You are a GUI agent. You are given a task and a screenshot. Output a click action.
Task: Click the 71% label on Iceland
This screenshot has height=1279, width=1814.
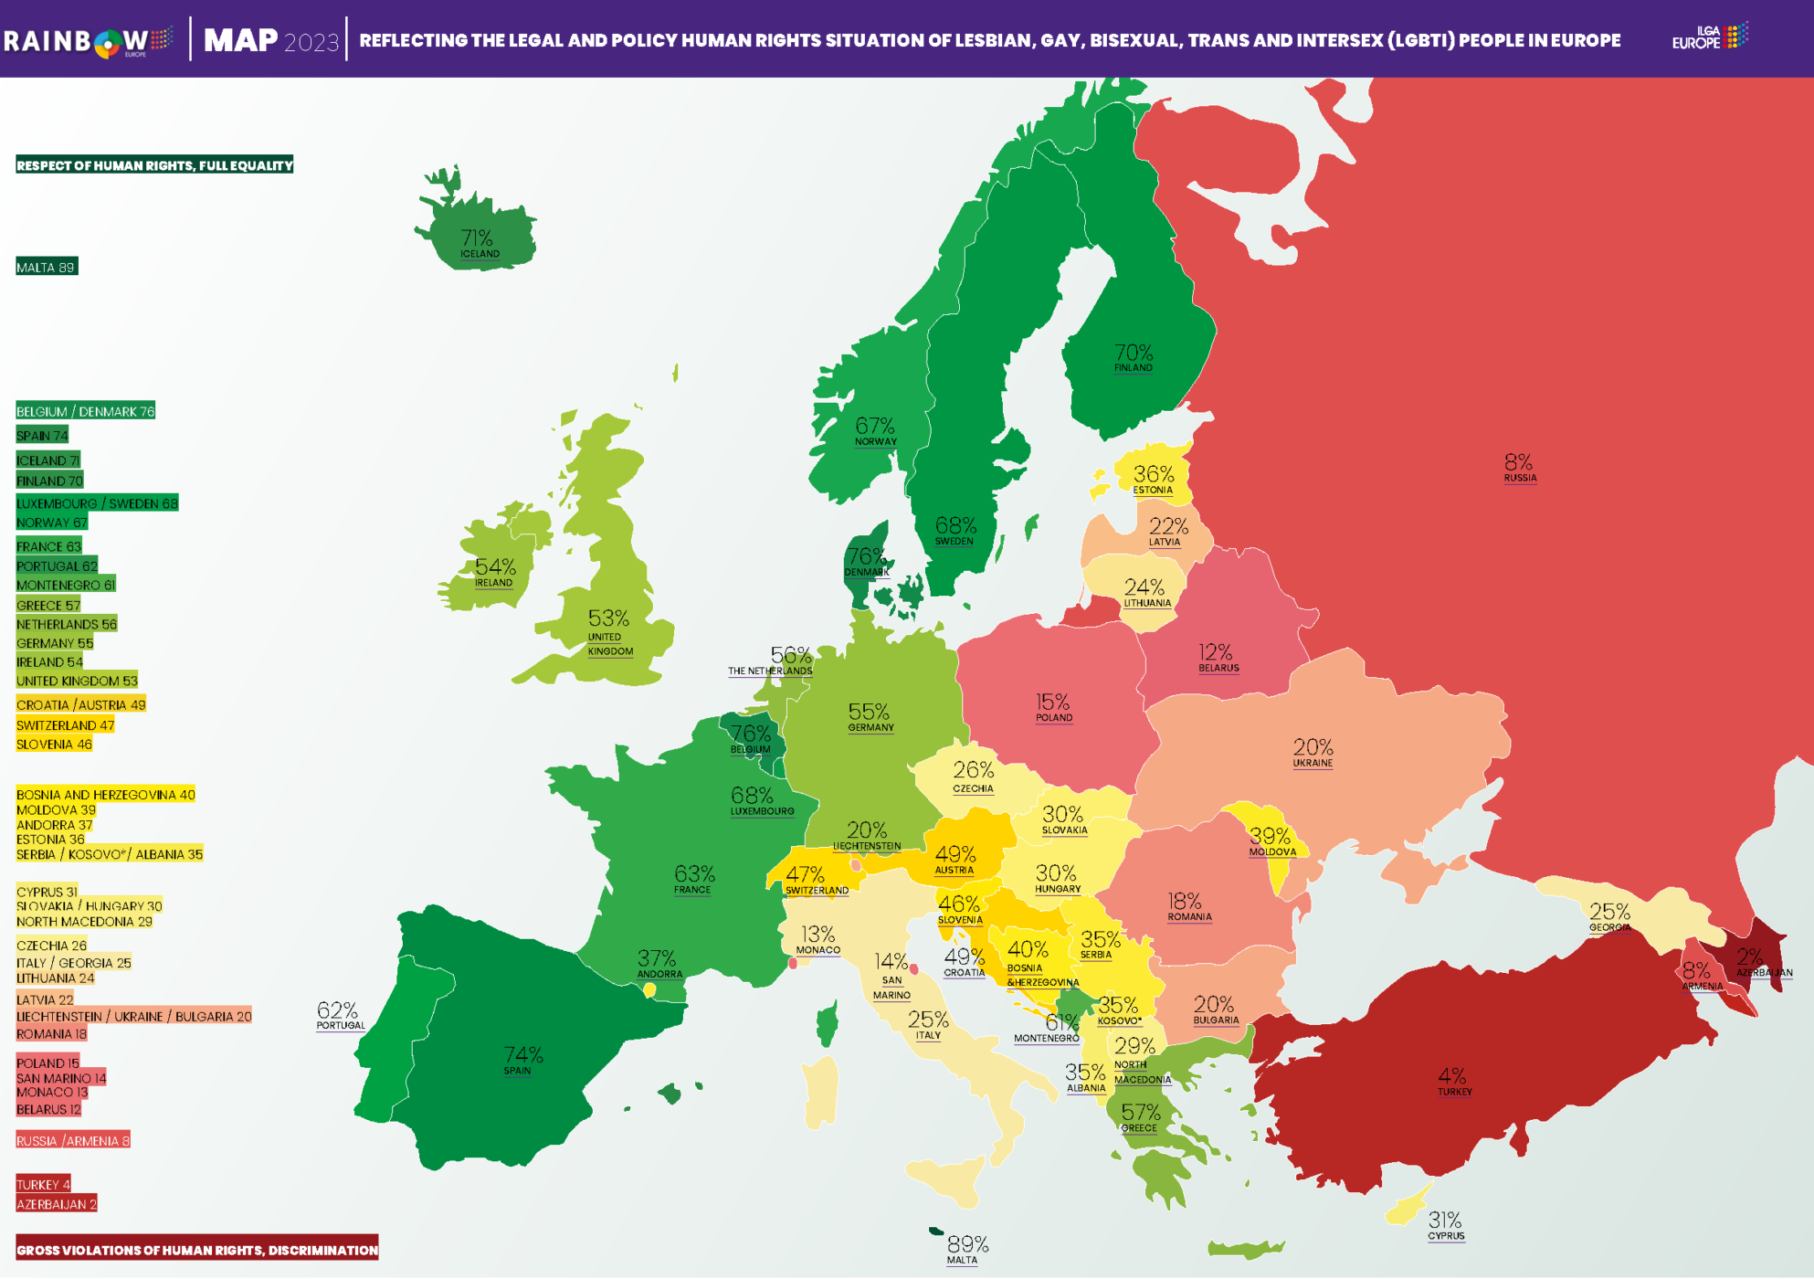(477, 239)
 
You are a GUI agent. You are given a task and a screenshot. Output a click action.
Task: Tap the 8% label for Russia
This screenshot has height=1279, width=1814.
(1518, 463)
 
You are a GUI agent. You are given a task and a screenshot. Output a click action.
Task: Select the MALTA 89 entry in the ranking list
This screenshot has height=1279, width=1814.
(46, 268)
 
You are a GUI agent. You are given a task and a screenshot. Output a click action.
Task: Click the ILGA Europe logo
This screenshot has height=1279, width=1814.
(1709, 37)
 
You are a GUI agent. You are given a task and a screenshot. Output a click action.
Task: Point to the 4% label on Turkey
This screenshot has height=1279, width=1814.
(1451, 1076)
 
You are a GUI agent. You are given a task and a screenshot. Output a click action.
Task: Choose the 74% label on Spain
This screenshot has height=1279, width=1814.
(522, 1056)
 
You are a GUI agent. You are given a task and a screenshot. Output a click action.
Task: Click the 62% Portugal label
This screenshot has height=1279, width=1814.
(337, 1010)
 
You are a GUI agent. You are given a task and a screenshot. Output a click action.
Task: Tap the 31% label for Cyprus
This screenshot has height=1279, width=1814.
(1444, 1221)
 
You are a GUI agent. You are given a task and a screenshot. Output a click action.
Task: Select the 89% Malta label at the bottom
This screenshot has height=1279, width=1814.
(967, 1245)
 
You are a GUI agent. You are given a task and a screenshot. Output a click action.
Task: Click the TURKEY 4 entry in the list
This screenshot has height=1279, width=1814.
(43, 1185)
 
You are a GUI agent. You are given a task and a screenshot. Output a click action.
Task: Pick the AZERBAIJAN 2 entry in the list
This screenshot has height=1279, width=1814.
(56, 1205)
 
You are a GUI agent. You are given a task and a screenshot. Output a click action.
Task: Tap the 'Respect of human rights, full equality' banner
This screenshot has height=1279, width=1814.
(154, 165)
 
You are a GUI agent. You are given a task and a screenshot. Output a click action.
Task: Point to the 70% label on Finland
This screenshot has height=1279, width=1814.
(1134, 354)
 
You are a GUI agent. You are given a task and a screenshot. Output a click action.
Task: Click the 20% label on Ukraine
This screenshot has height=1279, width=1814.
(1313, 747)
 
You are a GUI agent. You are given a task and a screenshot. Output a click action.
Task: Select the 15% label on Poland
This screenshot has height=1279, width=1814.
(1052, 703)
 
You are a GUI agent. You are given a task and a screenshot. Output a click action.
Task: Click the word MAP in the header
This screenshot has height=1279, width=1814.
(240, 40)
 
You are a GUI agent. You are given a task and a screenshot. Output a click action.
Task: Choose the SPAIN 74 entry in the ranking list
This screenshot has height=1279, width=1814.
(42, 436)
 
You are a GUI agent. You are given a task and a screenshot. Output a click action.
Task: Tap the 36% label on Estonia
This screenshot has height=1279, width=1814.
(1154, 474)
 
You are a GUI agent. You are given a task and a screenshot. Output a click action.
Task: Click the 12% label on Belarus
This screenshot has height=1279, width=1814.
(1215, 652)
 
